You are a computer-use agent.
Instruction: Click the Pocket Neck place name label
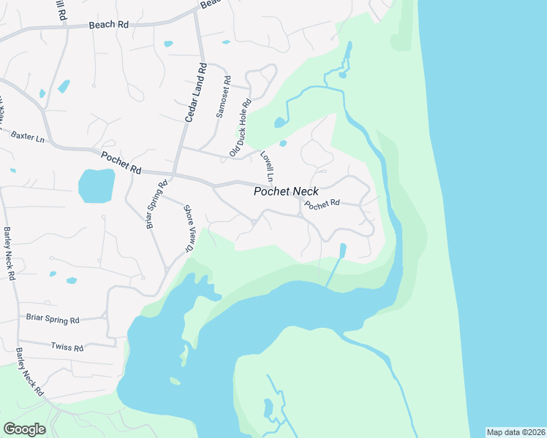(x=286, y=192)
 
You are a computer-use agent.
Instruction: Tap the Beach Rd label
(x=108, y=24)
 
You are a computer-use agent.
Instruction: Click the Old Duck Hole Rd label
(x=241, y=129)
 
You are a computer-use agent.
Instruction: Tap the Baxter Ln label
(x=28, y=137)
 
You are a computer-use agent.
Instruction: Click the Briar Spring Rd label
(x=53, y=320)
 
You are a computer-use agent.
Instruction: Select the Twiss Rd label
(x=67, y=346)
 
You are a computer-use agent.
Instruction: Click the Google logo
(x=24, y=429)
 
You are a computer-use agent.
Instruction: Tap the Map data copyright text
(x=516, y=432)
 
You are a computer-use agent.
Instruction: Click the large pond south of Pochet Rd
(x=97, y=185)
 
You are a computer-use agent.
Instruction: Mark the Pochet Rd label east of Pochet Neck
(x=322, y=204)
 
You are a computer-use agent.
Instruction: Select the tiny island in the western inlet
(x=175, y=380)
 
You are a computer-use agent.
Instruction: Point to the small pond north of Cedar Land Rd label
(x=168, y=44)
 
